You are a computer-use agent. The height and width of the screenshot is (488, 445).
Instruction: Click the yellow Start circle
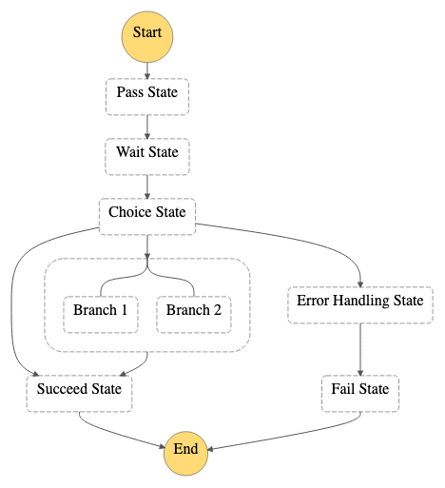click(147, 37)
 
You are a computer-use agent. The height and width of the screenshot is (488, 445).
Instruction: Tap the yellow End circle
click(185, 454)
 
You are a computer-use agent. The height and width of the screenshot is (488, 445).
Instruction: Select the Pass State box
click(147, 97)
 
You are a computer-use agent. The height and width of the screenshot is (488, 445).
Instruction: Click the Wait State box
click(147, 157)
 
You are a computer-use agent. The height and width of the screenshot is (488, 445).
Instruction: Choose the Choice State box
click(147, 217)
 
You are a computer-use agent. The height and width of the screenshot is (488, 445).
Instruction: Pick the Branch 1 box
click(101, 315)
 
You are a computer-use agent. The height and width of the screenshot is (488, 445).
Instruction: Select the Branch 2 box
click(194, 315)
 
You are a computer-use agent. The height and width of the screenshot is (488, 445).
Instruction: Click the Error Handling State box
click(360, 305)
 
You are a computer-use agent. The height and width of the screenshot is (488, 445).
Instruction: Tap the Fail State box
click(360, 394)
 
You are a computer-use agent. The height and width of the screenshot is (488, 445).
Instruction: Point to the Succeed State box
click(79, 394)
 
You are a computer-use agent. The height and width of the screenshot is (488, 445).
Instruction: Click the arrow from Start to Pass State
click(147, 70)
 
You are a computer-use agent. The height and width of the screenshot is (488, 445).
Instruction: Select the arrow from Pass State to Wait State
click(147, 127)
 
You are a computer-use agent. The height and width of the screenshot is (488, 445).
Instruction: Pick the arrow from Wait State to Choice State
click(147, 186)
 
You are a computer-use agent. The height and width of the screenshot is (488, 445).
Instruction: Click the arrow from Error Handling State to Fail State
click(360, 349)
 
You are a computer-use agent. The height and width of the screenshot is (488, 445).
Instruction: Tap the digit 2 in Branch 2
click(217, 310)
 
